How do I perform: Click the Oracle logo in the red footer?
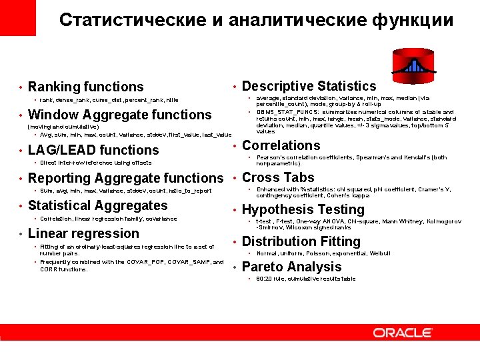click(x=402, y=332)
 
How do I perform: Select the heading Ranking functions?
click(x=85, y=87)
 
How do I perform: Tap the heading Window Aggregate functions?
click(x=119, y=115)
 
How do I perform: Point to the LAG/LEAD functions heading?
click(x=93, y=150)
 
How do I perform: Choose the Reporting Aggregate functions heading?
click(x=125, y=178)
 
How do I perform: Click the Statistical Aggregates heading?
click(x=98, y=205)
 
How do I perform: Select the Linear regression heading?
click(x=83, y=233)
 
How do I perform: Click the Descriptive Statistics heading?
click(x=309, y=86)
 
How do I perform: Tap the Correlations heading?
click(x=281, y=145)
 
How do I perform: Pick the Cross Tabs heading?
click(x=278, y=177)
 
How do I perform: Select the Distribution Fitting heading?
click(x=301, y=241)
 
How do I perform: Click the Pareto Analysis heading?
click(x=291, y=267)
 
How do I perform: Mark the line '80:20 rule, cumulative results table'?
click(x=306, y=279)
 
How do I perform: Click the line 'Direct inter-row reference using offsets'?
click(x=95, y=163)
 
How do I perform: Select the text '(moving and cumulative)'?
click(x=62, y=127)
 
